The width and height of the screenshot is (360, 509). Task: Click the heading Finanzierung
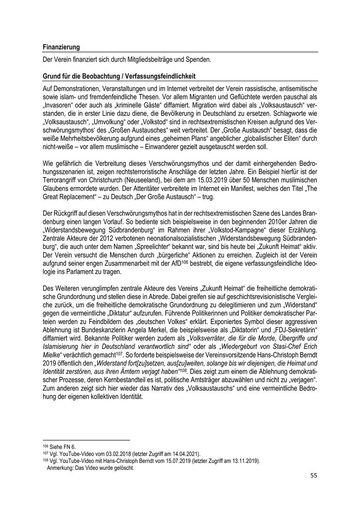(x=61, y=47)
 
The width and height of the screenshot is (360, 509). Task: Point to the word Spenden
(x=198, y=60)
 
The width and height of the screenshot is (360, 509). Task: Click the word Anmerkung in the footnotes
(x=58, y=467)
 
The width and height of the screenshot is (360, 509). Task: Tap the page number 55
(x=313, y=476)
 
